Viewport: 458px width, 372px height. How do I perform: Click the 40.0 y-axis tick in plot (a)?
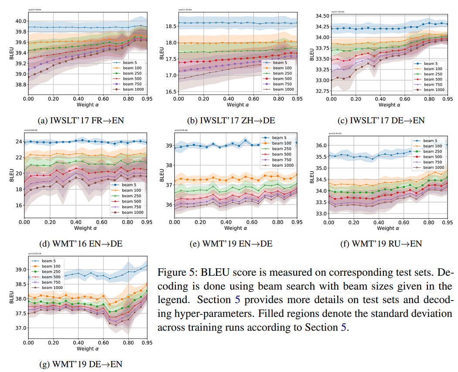coord(21,20)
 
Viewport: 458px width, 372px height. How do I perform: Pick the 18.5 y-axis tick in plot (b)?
coord(171,26)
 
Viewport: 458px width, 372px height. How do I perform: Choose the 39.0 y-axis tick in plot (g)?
coord(21,270)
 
